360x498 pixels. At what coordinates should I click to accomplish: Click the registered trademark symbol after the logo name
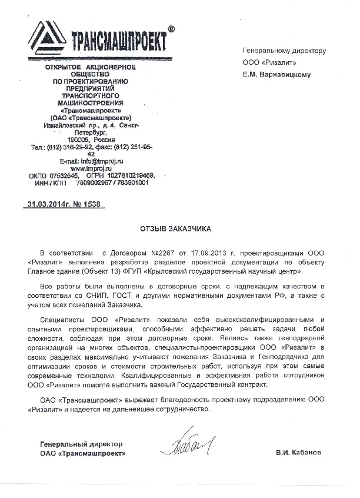[171, 28]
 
